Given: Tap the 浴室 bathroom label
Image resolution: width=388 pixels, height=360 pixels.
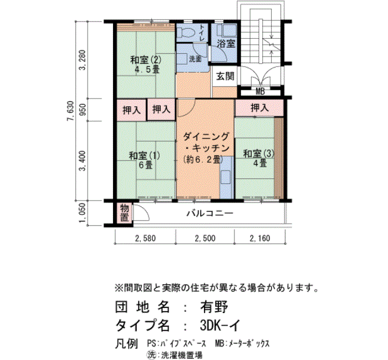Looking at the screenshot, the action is tap(226, 44).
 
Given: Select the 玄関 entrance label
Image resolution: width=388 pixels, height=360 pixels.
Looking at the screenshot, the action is tap(225, 76).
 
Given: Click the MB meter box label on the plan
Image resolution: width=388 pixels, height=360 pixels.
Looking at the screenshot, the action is tap(260, 92).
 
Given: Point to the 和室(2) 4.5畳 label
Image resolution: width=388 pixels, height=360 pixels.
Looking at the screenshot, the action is tap(146, 65).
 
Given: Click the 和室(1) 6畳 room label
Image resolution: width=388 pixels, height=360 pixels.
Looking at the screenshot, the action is tap(145, 160).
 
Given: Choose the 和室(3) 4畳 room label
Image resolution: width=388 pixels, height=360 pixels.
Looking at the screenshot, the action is tap(259, 158).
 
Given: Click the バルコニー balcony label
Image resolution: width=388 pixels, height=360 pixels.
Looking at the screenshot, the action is tap(210, 213).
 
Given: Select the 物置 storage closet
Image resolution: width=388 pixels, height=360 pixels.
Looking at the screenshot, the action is tap(125, 213).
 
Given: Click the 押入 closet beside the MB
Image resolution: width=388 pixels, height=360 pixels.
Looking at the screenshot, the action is tap(259, 108).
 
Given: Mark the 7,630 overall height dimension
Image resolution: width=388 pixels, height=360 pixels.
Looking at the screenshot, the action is tap(70, 111).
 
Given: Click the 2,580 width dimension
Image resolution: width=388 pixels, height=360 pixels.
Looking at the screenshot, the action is tap(145, 238).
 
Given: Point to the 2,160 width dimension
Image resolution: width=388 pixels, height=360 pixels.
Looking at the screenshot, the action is tap(260, 238).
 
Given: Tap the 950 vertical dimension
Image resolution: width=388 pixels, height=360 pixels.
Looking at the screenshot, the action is tap(83, 110).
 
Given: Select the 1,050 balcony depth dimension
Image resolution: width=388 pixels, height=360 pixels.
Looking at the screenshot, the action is tap(83, 213).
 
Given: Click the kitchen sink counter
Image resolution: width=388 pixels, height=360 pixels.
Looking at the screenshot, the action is tap(226, 178).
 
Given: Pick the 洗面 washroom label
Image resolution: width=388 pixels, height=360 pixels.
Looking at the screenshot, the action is tap(195, 59).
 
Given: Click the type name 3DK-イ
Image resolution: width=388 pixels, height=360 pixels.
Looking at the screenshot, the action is tap(220, 325).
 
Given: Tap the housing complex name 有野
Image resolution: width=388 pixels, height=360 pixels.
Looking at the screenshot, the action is tap(214, 307).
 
